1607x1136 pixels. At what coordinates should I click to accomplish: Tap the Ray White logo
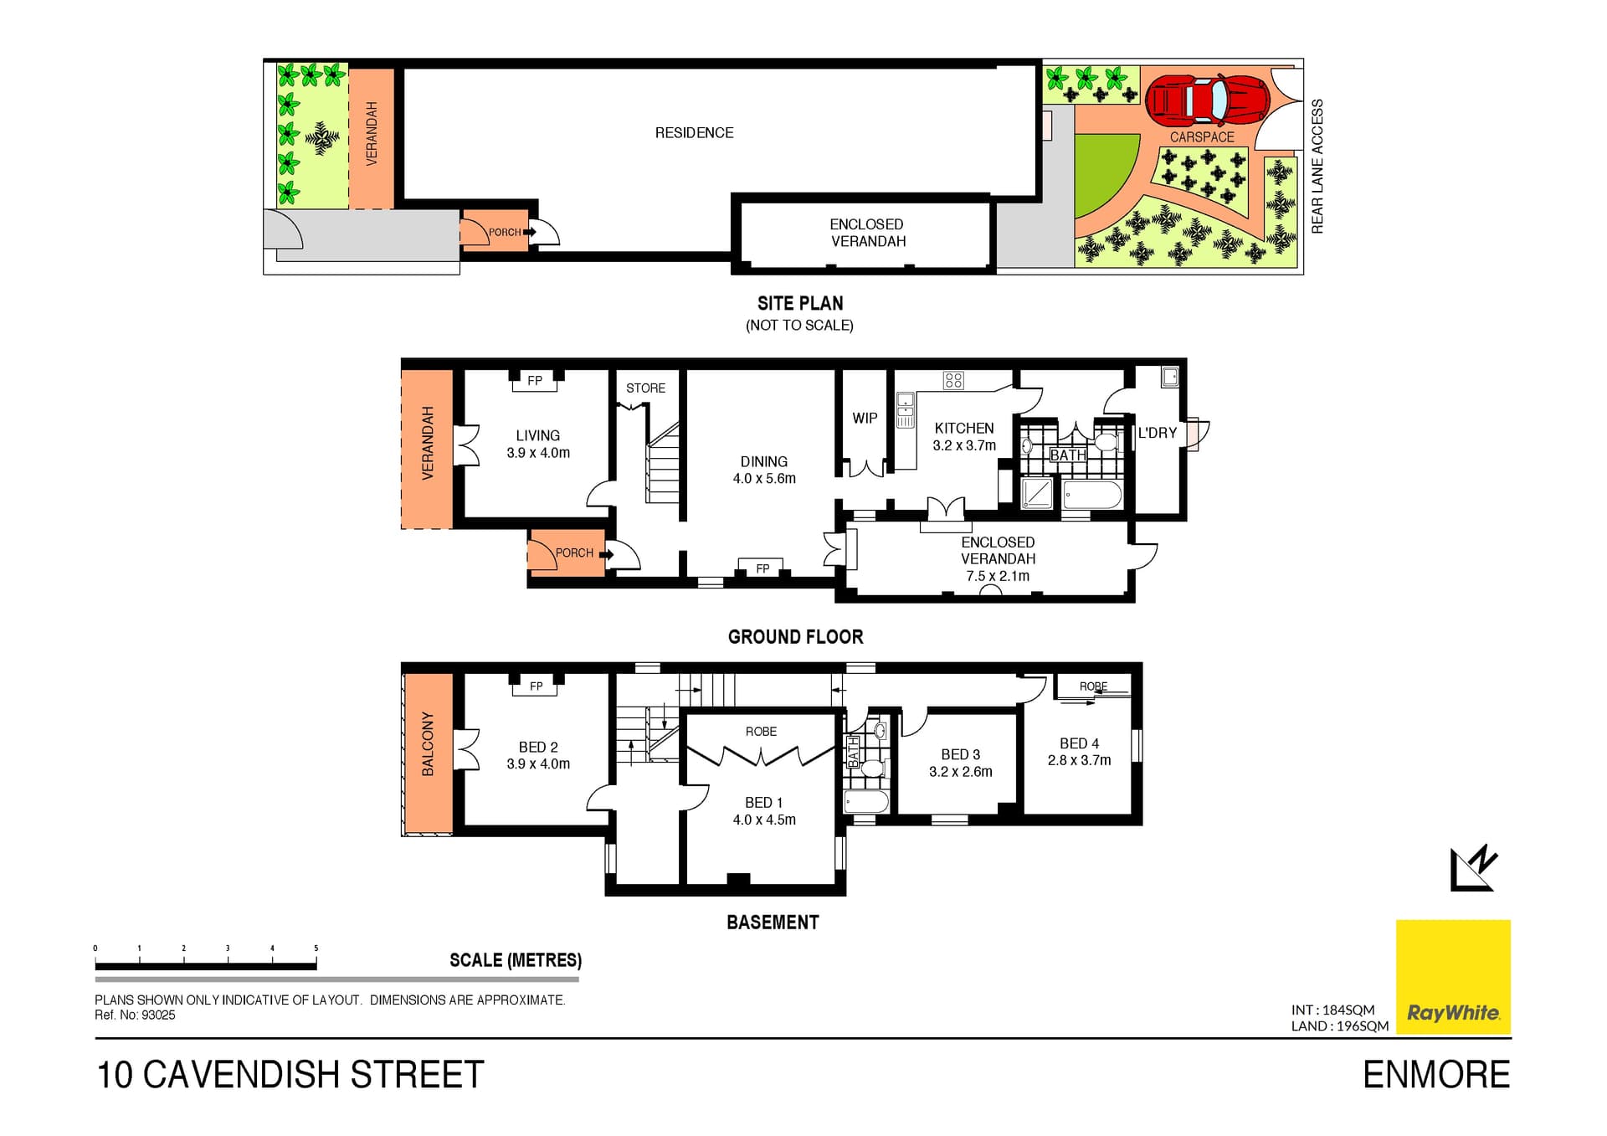pyautogui.click(x=1453, y=977)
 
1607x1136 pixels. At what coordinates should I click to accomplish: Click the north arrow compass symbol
pyautogui.click(x=1473, y=868)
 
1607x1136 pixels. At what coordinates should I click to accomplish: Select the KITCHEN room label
pyautogui.click(x=964, y=428)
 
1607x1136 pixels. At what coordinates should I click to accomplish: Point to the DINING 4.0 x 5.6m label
pyautogui.click(x=764, y=470)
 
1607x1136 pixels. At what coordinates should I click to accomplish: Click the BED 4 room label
pyautogui.click(x=1079, y=743)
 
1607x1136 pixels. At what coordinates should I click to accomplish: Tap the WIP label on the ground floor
pyautogui.click(x=865, y=418)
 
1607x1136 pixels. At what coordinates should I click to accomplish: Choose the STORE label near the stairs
pyautogui.click(x=645, y=388)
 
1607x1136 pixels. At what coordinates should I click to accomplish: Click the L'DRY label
pyautogui.click(x=1158, y=433)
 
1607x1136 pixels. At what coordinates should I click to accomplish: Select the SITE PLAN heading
pyautogui.click(x=800, y=303)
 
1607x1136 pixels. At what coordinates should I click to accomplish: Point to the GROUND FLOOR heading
pyautogui.click(x=795, y=636)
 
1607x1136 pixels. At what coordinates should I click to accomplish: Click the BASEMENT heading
pyautogui.click(x=773, y=923)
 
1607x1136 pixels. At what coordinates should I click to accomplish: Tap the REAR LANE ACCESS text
pyautogui.click(x=1317, y=167)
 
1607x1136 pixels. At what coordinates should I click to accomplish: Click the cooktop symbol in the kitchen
pyautogui.click(x=953, y=381)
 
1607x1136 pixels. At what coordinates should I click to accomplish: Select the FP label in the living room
pyautogui.click(x=535, y=381)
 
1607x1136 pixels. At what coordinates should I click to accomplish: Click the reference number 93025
pyautogui.click(x=158, y=1015)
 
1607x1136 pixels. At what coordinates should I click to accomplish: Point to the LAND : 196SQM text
pyautogui.click(x=1339, y=1026)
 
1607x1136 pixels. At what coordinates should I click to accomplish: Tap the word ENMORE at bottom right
pyautogui.click(x=1436, y=1075)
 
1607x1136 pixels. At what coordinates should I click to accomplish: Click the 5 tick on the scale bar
pyautogui.click(x=316, y=948)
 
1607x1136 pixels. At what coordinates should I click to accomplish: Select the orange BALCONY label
pyautogui.click(x=428, y=744)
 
